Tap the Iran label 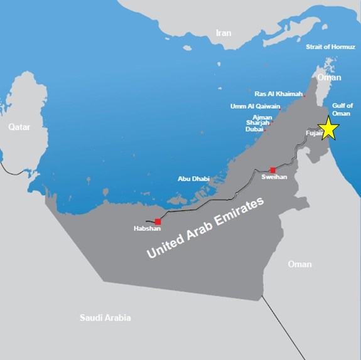[224, 33]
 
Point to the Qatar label [19, 127]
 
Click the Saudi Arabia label [105, 318]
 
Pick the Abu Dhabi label [193, 179]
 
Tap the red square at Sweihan [272, 170]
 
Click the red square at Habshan [158, 221]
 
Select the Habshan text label [148, 229]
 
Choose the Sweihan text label [274, 177]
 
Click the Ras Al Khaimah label [278, 93]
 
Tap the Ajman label [261, 117]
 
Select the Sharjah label [258, 123]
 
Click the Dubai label [254, 129]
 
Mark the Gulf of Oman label [342, 109]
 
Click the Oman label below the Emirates [299, 264]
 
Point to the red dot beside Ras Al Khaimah [304, 95]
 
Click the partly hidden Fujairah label [313, 133]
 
